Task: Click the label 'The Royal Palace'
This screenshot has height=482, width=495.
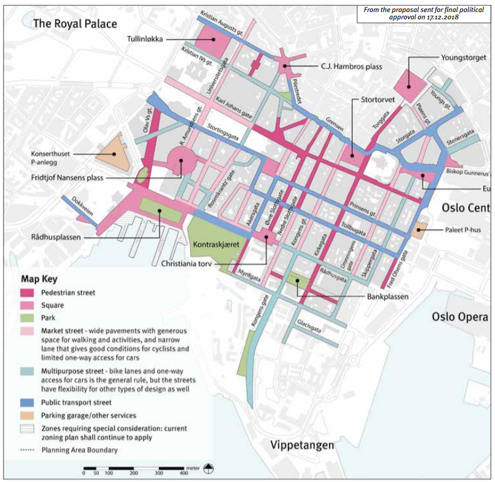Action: [75, 24]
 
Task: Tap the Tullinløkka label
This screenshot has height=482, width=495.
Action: [145, 39]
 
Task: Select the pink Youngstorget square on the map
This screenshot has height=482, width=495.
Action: [414, 86]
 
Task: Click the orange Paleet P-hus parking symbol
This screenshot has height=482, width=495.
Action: [420, 228]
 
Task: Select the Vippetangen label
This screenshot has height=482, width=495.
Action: [302, 446]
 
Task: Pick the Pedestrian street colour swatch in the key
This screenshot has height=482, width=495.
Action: [28, 293]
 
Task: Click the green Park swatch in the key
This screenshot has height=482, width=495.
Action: [28, 318]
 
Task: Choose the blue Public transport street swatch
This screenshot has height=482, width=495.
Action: [28, 402]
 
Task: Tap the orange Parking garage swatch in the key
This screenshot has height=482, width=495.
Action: [28, 416]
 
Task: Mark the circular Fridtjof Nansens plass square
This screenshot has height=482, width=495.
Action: [181, 160]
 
